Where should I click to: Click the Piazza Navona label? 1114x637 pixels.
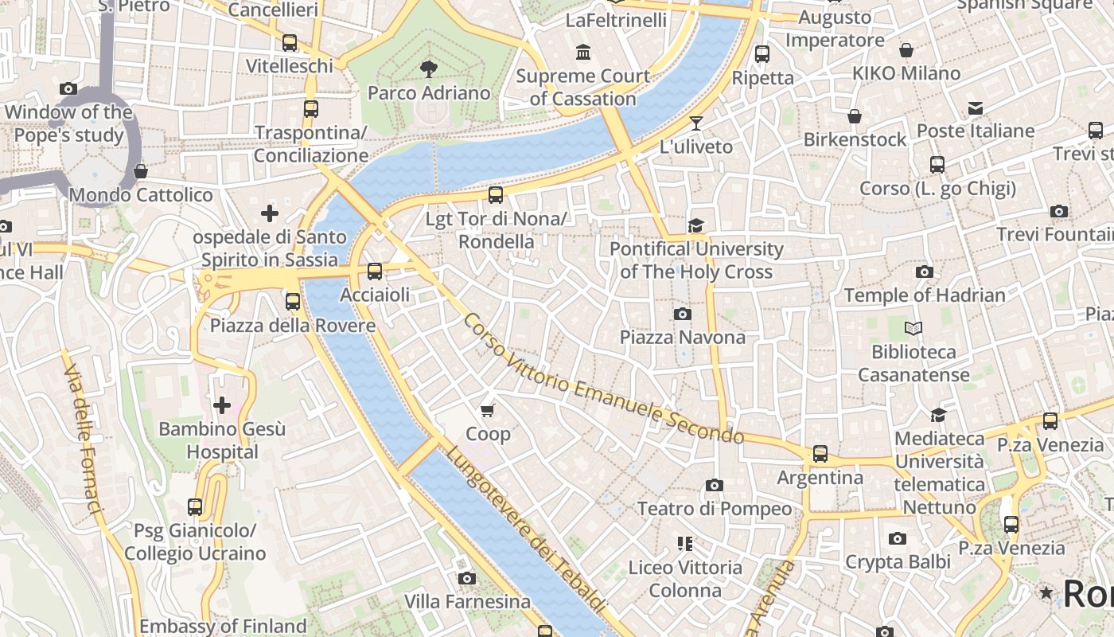point(683,338)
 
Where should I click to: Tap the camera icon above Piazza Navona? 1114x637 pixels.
point(682,315)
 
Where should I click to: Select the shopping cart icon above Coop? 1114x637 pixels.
point(488,411)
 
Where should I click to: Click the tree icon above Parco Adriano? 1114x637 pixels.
point(429,68)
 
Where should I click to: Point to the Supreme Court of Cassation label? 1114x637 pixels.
point(583,88)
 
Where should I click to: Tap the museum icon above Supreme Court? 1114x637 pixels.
point(583,53)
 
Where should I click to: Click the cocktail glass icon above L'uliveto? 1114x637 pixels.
point(696,123)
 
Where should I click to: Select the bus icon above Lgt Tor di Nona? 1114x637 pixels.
point(496,194)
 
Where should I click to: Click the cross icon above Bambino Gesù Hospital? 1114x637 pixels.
point(222,406)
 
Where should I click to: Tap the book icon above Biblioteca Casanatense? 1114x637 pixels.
point(913,328)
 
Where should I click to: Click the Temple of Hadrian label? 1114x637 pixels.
point(925,295)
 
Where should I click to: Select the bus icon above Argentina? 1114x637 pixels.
point(820,454)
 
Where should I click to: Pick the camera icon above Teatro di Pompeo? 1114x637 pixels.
point(715,485)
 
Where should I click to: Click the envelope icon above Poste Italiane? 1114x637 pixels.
point(976,108)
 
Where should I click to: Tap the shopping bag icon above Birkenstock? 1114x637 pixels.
point(855,117)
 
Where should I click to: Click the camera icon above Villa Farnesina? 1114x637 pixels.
point(467,578)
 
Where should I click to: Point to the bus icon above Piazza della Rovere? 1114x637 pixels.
point(293,302)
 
